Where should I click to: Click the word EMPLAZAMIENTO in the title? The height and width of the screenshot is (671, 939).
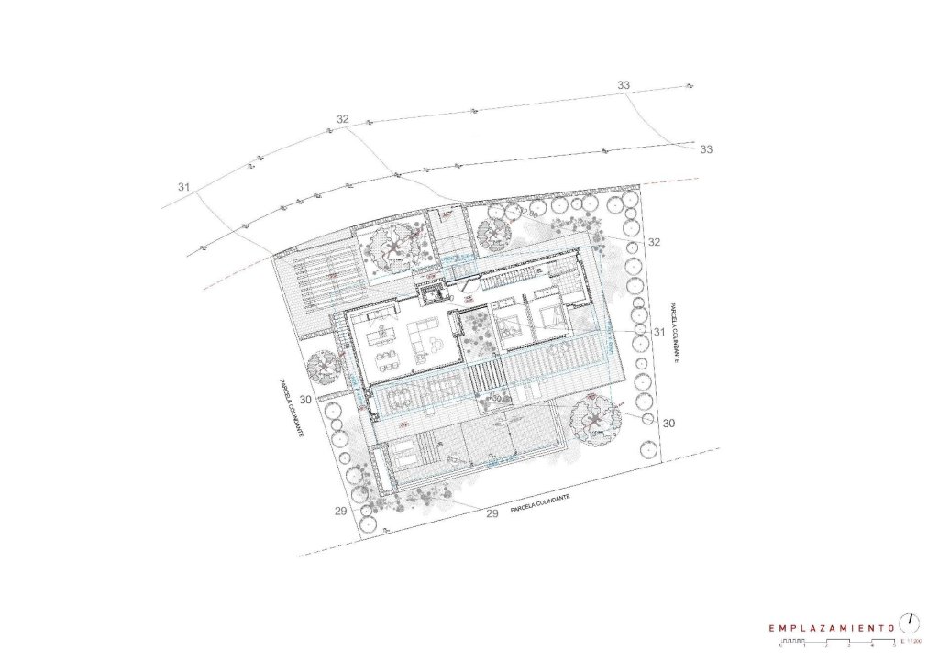[832, 628]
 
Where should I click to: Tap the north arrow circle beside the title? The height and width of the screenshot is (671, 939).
[909, 622]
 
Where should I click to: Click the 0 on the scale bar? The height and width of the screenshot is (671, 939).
[779, 646]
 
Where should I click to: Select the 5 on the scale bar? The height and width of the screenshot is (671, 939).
[894, 646]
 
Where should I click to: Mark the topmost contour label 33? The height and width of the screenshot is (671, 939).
[624, 85]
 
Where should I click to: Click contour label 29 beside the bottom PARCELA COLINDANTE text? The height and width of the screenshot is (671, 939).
[492, 513]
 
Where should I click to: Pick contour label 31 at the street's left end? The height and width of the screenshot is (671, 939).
[184, 187]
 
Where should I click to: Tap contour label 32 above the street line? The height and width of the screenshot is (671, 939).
[343, 119]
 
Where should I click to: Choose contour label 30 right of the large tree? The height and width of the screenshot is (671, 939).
[668, 423]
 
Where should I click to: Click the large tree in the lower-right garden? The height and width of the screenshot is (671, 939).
[595, 419]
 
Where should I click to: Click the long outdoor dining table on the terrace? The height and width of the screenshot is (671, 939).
[401, 397]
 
